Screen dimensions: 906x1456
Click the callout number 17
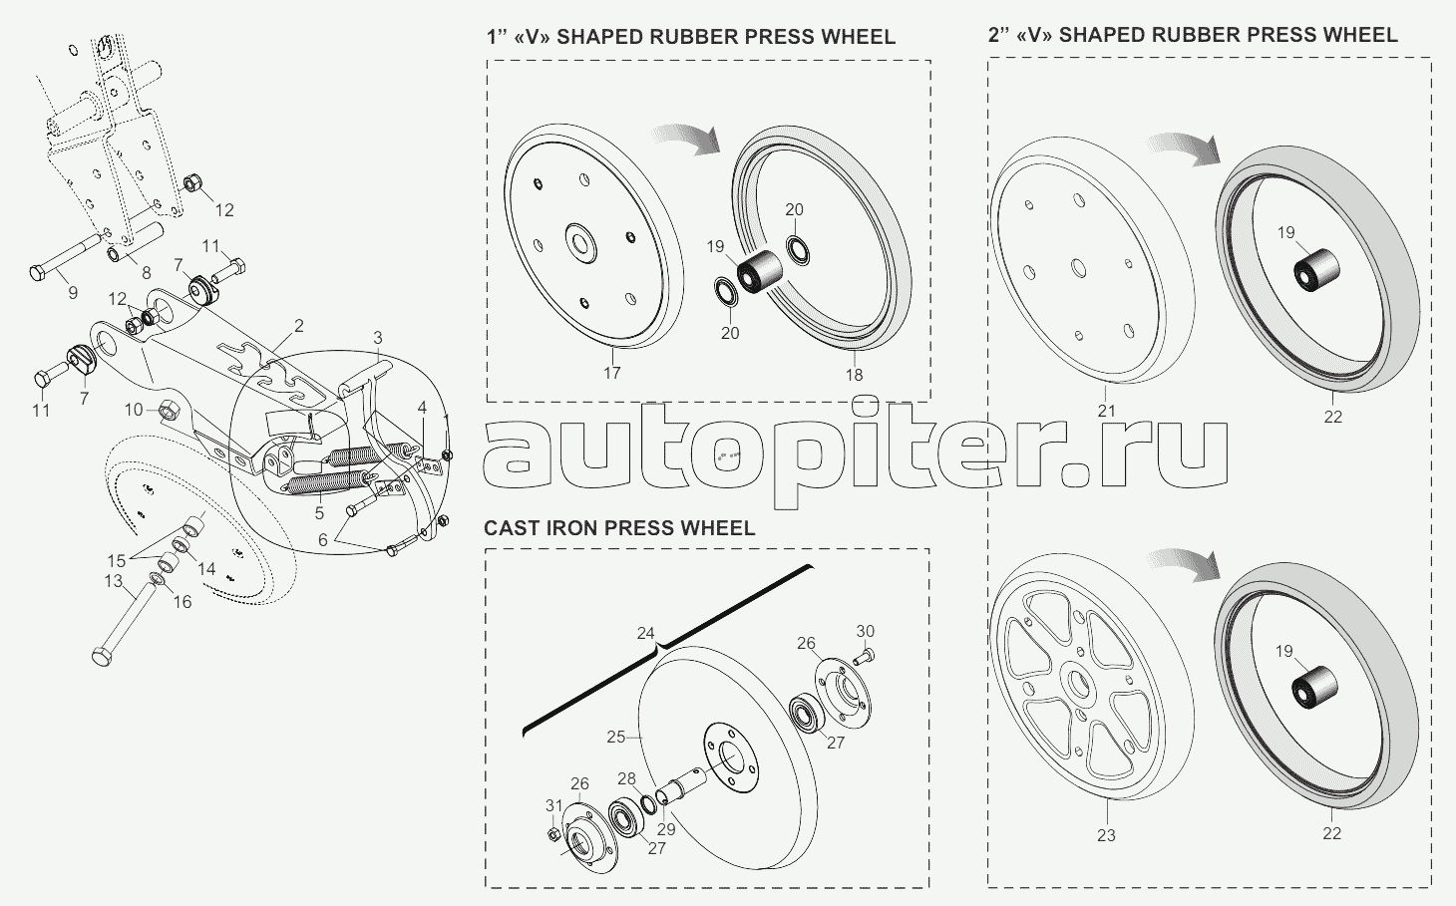(611, 373)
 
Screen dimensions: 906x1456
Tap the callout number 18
(854, 375)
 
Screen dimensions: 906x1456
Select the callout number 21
(1106, 411)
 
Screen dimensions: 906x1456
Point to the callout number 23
(1106, 835)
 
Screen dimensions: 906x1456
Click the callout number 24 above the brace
(646, 633)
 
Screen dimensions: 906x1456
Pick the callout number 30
(865, 631)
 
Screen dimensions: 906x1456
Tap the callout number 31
(553, 805)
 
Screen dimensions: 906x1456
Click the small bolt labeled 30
(865, 654)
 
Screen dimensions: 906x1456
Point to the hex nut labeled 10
(169, 409)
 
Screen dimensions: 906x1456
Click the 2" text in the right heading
(999, 35)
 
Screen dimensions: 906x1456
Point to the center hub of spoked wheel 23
(1077, 687)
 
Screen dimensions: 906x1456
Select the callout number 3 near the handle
(378, 337)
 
